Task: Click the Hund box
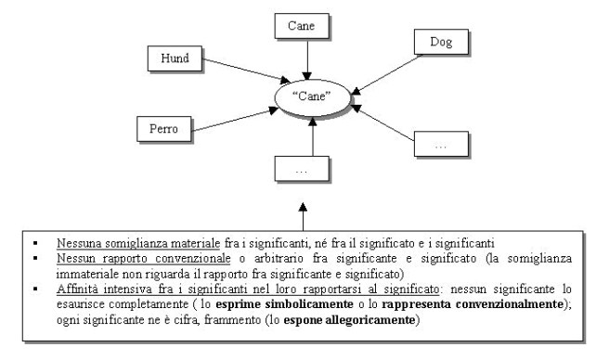[x=174, y=58]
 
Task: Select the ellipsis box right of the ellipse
[x=439, y=144]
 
